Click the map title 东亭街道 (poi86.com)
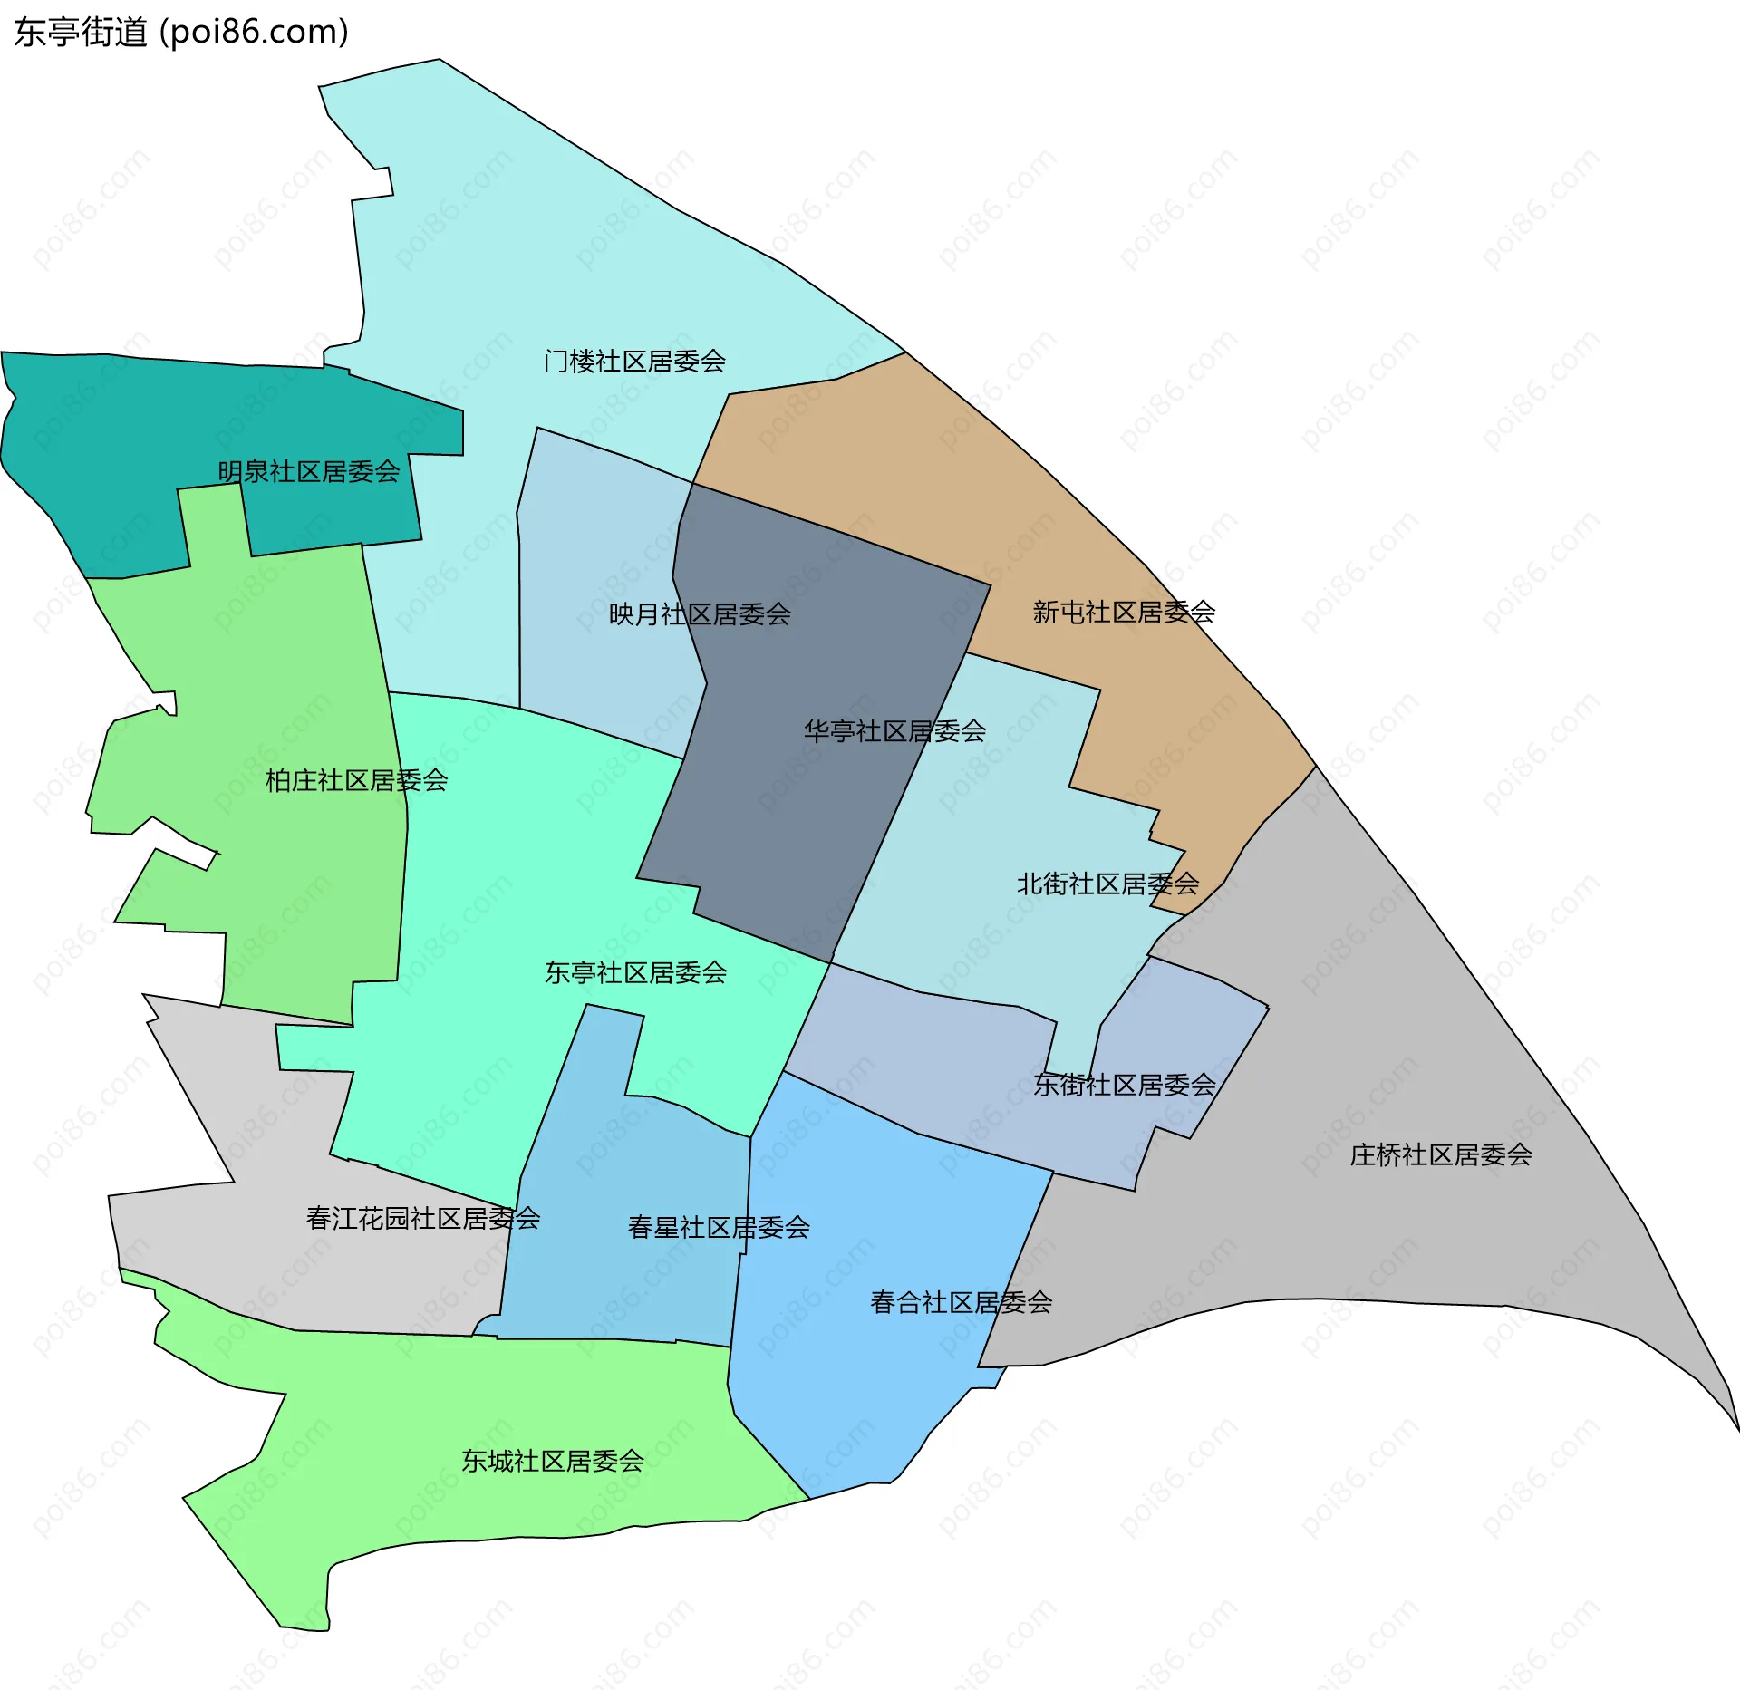[x=181, y=33]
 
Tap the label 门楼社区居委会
[x=634, y=362]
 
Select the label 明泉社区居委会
[x=308, y=471]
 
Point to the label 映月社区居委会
[x=700, y=614]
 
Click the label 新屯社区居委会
[x=1124, y=613]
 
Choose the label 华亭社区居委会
[x=894, y=731]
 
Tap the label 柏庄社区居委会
[x=356, y=780]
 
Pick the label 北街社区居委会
[x=1107, y=884]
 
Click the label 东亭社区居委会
[x=635, y=972]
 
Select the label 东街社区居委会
[x=1124, y=1085]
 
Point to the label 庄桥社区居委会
[x=1441, y=1154]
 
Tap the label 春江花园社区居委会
[x=423, y=1218]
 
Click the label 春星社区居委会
[x=719, y=1227]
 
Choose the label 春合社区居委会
[x=961, y=1302]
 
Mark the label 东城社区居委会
[x=553, y=1461]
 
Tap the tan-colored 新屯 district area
[x=906, y=453]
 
